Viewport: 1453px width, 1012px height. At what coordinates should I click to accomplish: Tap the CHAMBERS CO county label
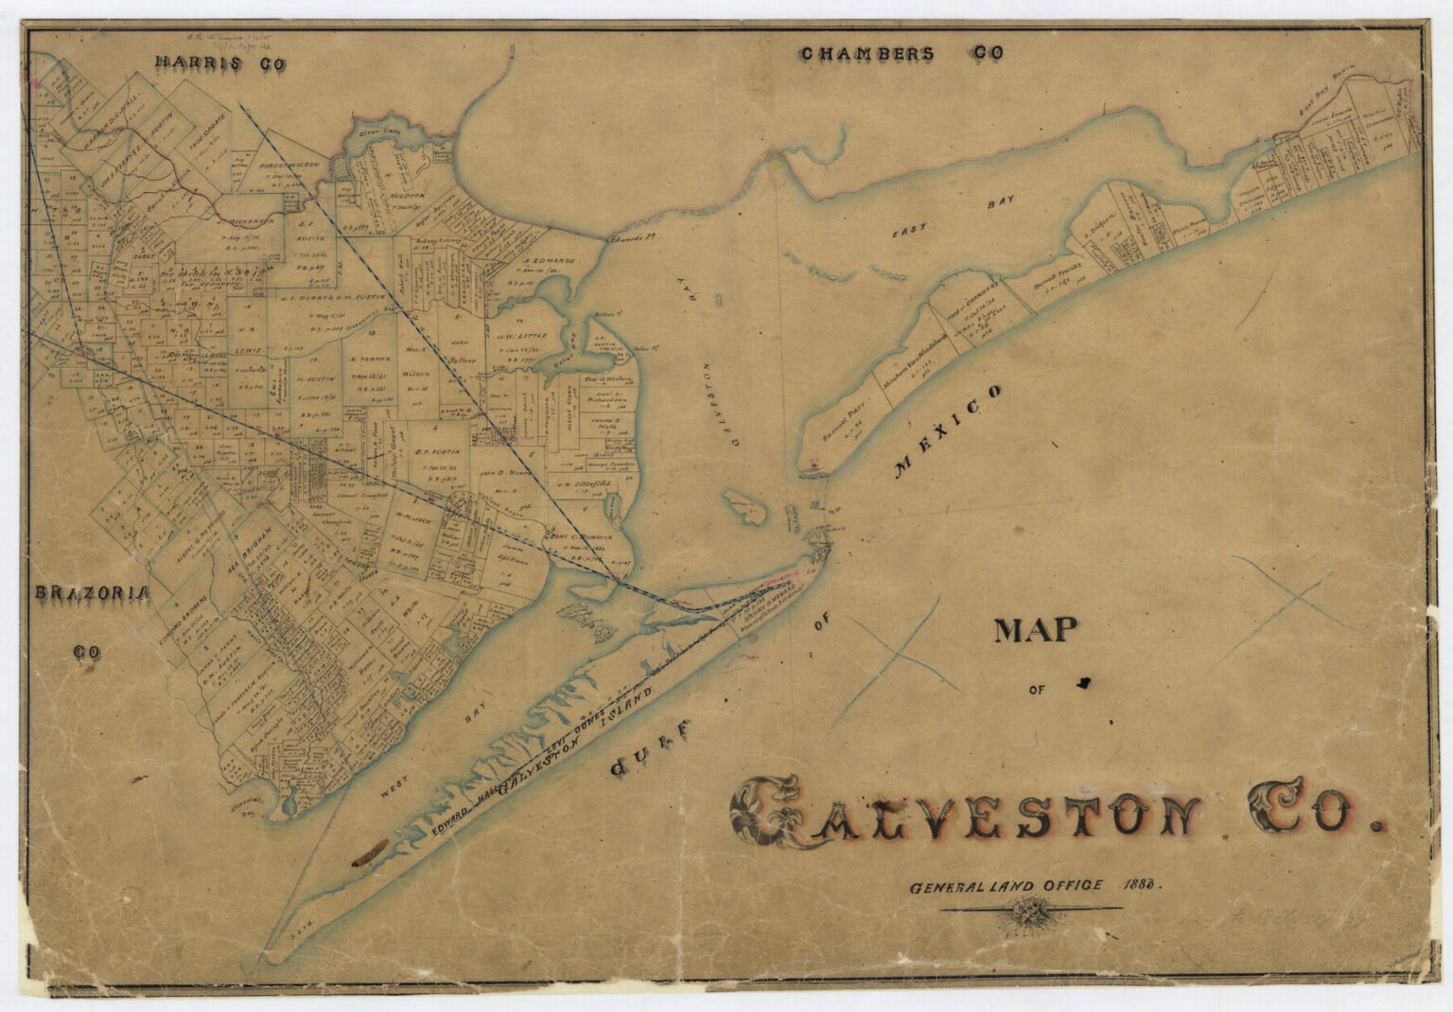902,54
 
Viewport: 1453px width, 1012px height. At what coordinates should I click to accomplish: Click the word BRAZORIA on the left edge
92,594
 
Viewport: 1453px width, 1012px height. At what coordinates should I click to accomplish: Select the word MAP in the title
1037,631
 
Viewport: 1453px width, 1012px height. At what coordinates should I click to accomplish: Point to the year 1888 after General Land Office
1140,885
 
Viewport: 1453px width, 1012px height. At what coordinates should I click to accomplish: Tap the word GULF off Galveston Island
653,747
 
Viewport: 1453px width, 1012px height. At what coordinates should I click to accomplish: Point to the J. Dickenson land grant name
246,222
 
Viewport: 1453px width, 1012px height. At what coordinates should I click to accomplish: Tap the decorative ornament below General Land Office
1027,911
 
